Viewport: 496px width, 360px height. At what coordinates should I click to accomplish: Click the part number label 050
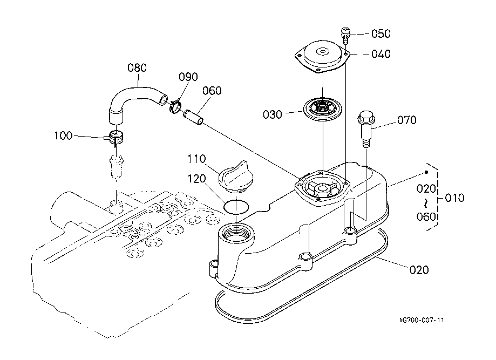381,33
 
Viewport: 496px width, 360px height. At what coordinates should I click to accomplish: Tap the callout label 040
381,55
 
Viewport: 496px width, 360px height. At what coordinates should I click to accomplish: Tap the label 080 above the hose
137,68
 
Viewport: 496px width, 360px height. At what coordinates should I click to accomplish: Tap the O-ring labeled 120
236,207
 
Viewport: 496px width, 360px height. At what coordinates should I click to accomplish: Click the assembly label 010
454,198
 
